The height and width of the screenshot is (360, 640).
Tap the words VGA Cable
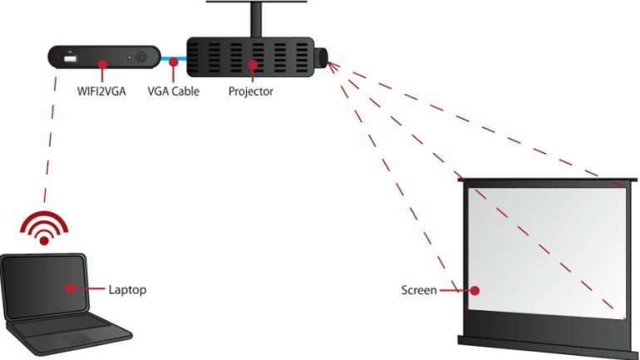[x=173, y=91]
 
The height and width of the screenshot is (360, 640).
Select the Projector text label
[x=250, y=91]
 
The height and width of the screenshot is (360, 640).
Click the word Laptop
[x=127, y=290]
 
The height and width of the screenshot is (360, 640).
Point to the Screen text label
[x=418, y=291]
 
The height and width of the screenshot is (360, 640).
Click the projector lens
[x=322, y=57]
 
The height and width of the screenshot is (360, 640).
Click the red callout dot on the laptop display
[x=68, y=288]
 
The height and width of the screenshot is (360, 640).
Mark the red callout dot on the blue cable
[x=173, y=62]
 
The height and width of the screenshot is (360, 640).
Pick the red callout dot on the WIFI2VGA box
[x=103, y=63]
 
